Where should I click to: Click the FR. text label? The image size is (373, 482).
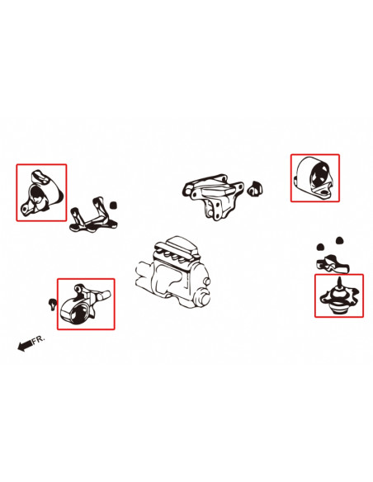[x=39, y=339]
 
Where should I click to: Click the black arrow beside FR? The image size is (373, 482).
[x=25, y=345]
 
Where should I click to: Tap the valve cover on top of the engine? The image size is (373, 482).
[x=177, y=248]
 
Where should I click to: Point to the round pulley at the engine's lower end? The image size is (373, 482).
[x=202, y=299]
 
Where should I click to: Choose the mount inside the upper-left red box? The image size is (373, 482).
[x=40, y=191]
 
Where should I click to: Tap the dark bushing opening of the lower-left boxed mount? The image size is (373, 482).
[x=79, y=314]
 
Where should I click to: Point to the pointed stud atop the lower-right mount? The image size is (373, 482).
[x=339, y=282]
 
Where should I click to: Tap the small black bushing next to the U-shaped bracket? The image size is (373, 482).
[x=114, y=205]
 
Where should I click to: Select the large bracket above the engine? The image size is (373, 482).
[x=213, y=196]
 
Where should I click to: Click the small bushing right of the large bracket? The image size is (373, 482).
[x=255, y=188]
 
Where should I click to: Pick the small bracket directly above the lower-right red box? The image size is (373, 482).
[x=333, y=264]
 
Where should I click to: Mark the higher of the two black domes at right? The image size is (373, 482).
[x=339, y=240]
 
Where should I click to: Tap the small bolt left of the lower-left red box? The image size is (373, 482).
[x=53, y=304]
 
